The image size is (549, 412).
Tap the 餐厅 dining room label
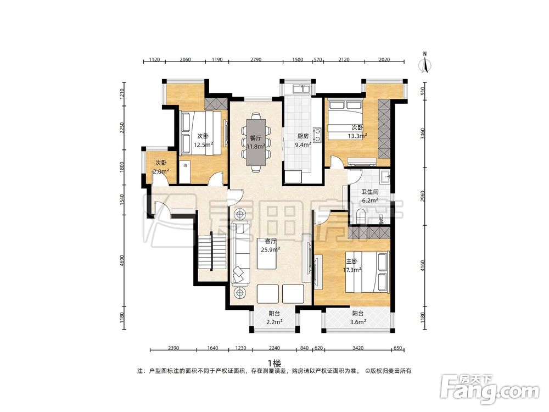[x=256, y=138]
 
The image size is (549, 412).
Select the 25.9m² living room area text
[x=270, y=249]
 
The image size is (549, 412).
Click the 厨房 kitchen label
[x=303, y=136]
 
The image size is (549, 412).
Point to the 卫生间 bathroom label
[x=369, y=192]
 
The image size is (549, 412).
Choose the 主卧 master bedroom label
[x=352, y=261]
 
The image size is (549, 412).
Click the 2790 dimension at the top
[x=256, y=59]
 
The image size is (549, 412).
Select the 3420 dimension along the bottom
[x=358, y=348]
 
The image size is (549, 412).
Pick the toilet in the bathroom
[x=361, y=215]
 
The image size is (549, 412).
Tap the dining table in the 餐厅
[x=256, y=142]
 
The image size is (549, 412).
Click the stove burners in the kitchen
[x=317, y=135]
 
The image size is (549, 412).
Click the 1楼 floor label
[x=274, y=363]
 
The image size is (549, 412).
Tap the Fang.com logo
[x=490, y=388]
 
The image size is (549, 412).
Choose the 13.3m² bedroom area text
[x=357, y=136]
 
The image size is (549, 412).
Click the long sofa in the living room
[x=240, y=253]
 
